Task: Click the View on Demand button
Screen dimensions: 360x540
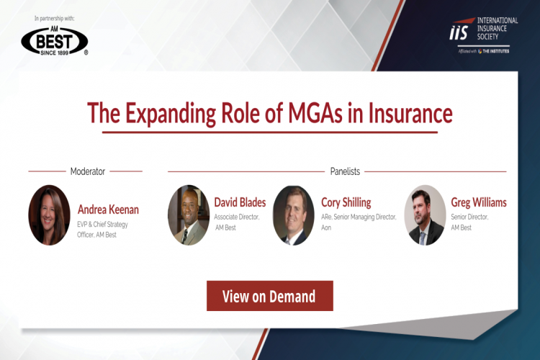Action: pos(269,296)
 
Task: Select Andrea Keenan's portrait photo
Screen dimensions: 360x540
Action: pos(49,215)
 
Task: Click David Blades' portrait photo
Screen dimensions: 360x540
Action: pos(189,215)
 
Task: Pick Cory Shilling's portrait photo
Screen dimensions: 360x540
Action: pos(294,215)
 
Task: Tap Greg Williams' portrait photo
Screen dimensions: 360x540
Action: pos(425,215)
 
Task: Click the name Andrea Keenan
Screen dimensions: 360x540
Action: pos(108,210)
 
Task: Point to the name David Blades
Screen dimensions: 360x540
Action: pos(240,202)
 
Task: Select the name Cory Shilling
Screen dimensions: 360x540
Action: pos(346,202)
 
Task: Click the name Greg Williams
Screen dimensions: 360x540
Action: pos(478,202)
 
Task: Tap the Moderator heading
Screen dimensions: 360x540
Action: pos(88,171)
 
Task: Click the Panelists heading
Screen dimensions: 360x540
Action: pos(345,171)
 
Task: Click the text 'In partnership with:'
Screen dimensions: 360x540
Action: pos(55,17)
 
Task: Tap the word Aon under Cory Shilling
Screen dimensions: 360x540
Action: pos(326,228)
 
